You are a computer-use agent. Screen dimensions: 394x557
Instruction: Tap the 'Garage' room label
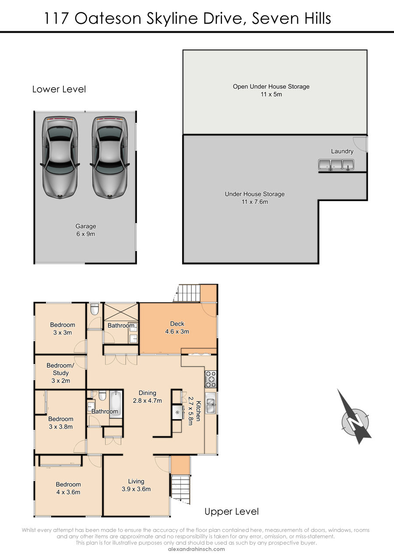click(x=86, y=226)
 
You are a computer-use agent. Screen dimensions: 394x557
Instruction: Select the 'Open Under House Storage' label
click(x=271, y=87)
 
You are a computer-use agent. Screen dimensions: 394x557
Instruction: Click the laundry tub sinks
click(x=336, y=165)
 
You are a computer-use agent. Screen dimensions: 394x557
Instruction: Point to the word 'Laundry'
click(x=342, y=151)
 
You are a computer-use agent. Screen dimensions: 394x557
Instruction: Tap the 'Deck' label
click(x=177, y=324)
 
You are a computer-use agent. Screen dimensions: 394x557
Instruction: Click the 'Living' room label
click(x=136, y=481)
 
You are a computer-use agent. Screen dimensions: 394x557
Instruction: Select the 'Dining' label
click(x=148, y=393)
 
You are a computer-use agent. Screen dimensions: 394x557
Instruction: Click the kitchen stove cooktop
click(x=211, y=379)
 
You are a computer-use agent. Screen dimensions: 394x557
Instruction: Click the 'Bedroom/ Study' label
click(x=60, y=369)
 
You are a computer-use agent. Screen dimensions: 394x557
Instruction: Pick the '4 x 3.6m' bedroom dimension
click(x=68, y=492)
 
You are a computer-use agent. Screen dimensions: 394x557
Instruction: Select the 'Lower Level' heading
click(x=59, y=89)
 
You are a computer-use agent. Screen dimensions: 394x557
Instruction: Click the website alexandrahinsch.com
click(x=197, y=549)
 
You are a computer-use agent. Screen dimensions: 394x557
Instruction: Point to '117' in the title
click(x=56, y=18)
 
